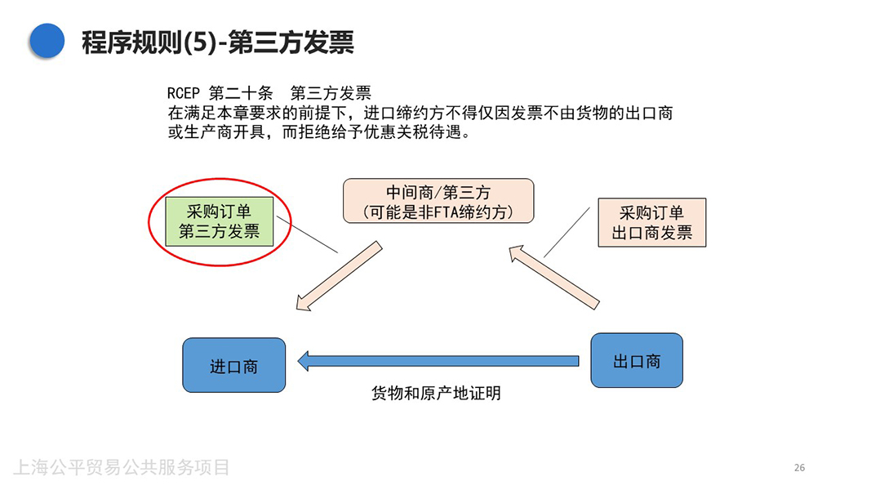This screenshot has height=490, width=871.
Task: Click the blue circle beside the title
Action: [x=47, y=40]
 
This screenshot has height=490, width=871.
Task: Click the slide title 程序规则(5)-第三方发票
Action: [x=217, y=41]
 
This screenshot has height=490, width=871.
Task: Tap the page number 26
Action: [x=799, y=467]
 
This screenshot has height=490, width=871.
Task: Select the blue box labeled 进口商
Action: [x=233, y=365]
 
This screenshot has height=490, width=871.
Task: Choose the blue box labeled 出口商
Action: [x=636, y=360]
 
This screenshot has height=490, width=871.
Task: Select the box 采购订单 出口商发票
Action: [x=651, y=222]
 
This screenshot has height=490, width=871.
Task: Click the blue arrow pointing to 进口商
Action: [x=438, y=360]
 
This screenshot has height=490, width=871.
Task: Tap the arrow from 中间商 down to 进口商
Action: [x=338, y=277]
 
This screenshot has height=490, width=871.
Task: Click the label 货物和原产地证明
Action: [x=436, y=394]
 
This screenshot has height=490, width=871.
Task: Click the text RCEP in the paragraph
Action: [x=184, y=94]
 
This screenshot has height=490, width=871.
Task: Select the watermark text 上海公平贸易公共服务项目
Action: [x=122, y=467]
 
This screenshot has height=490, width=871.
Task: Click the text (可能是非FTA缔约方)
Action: [x=438, y=212]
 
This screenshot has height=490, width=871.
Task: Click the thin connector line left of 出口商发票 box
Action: [x=566, y=233]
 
